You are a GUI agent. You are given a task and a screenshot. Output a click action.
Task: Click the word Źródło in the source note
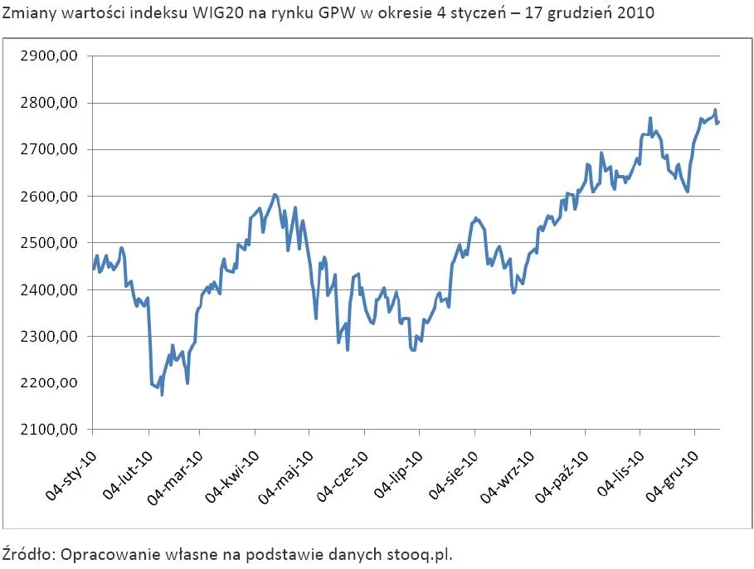tap(27, 553)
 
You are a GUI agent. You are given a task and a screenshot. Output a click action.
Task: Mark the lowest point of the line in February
tap(162, 395)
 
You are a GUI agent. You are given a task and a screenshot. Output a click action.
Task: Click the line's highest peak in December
tap(715, 110)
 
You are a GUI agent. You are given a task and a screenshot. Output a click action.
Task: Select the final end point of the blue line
tap(718, 123)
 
